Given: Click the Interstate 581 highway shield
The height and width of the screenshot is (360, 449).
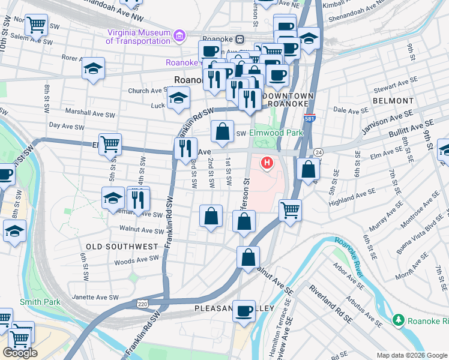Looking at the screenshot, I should click(x=310, y=118).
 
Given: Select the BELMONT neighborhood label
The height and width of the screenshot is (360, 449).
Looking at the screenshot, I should click(x=393, y=101).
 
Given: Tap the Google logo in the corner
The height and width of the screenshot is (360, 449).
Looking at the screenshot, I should click(x=20, y=352).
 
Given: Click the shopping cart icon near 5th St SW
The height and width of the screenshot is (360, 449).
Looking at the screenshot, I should click(x=110, y=144).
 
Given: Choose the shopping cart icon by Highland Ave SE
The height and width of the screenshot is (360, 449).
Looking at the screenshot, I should click(x=290, y=210).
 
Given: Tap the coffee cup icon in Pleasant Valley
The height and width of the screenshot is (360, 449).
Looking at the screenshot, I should click(x=244, y=311).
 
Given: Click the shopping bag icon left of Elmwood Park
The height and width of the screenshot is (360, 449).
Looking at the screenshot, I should click(x=222, y=131).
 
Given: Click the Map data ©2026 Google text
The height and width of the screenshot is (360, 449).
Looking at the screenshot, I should click(x=411, y=355).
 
